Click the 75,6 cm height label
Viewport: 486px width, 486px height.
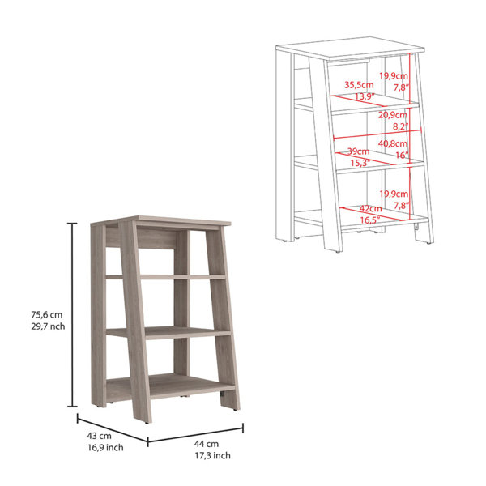[x=46, y=314]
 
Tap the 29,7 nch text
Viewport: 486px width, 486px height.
[x=48, y=326]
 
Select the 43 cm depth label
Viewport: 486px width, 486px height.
[x=99, y=436]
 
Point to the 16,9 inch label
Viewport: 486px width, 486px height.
[x=105, y=448]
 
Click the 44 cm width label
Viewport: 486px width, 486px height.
[x=207, y=444]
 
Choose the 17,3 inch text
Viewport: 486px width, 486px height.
[x=212, y=455]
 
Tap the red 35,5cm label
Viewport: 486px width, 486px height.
[x=359, y=85]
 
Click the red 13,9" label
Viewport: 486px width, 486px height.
[x=364, y=96]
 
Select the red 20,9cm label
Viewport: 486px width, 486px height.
[x=393, y=115]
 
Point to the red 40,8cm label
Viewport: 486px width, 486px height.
[x=393, y=143]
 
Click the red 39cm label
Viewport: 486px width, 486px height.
[x=358, y=151]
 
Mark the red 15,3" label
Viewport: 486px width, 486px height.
[x=360, y=163]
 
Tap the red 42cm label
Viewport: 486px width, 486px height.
[x=370, y=209]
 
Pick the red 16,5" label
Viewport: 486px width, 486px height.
[x=370, y=220]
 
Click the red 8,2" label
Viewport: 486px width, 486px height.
[x=400, y=126]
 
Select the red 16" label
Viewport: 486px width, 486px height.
[x=403, y=155]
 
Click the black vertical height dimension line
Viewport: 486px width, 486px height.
[x=73, y=314]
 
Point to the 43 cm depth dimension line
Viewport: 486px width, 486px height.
[x=113, y=430]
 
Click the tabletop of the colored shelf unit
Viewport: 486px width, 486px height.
[x=160, y=220]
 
